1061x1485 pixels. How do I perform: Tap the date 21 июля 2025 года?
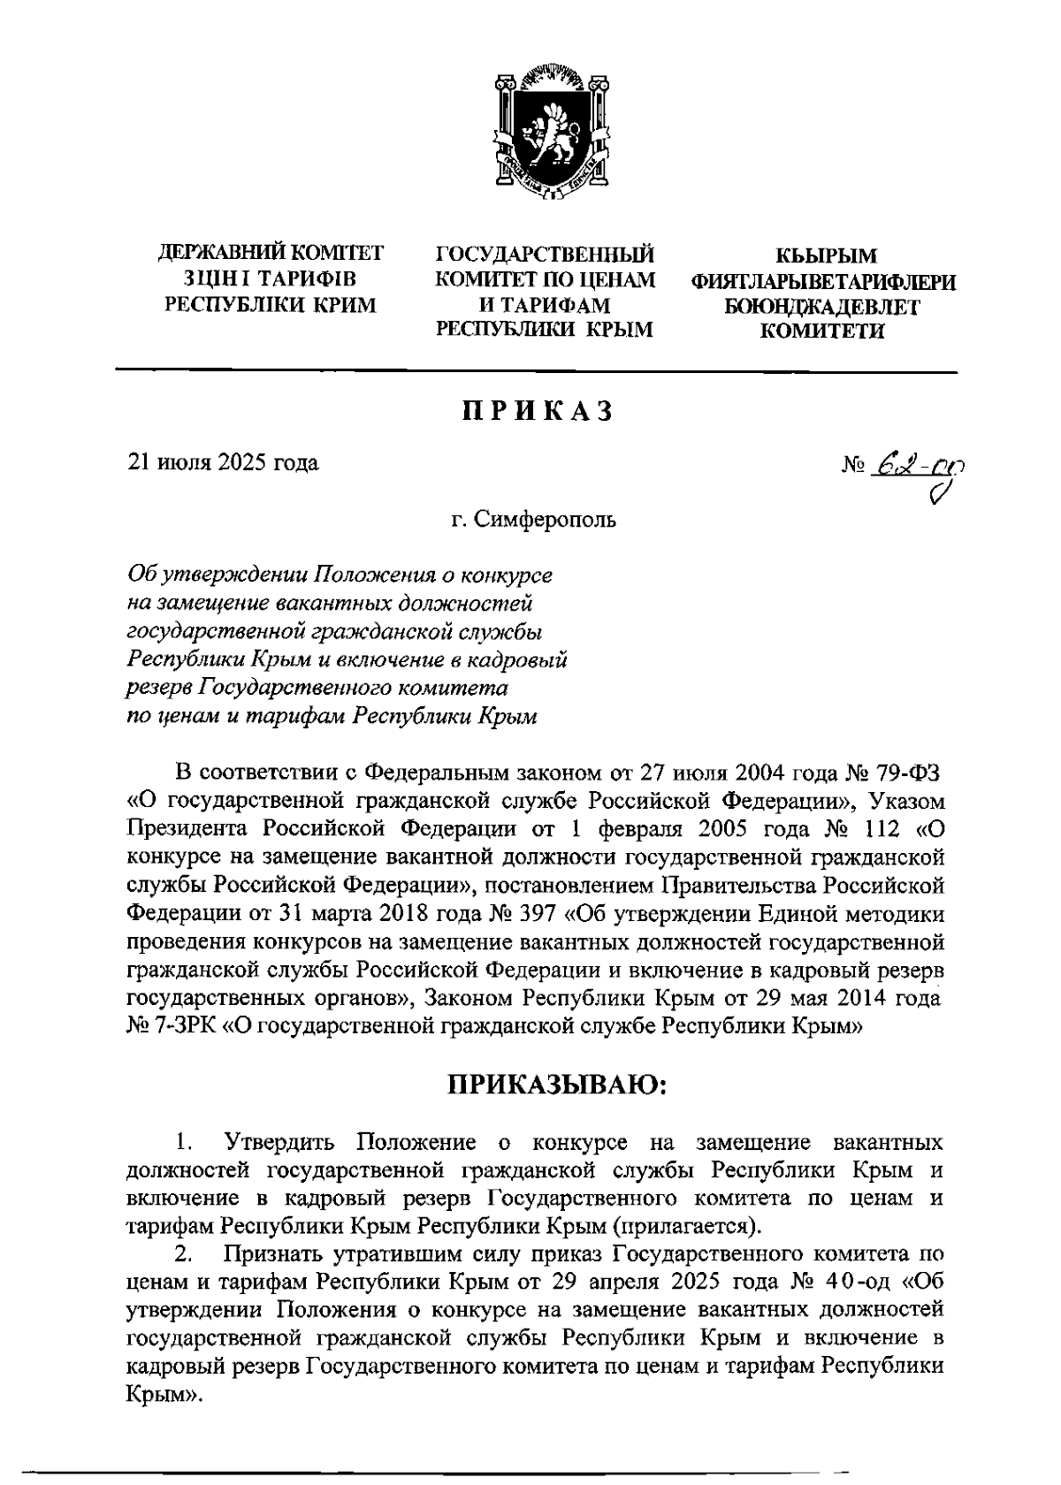(225, 462)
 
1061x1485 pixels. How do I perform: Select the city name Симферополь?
(546, 519)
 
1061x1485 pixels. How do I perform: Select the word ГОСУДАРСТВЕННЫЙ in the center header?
(546, 255)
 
